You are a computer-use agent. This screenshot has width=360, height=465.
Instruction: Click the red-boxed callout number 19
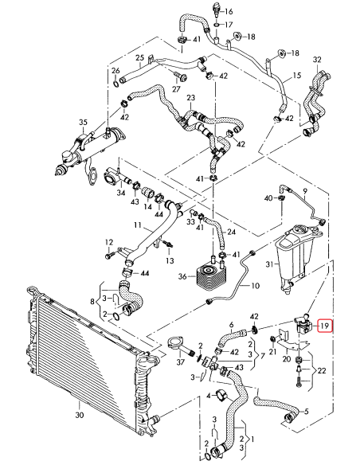[x=326, y=326]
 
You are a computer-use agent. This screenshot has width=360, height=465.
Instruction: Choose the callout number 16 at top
[x=229, y=12]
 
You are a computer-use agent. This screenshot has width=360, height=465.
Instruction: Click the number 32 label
[x=317, y=61]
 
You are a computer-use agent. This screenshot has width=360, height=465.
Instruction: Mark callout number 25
[x=140, y=57]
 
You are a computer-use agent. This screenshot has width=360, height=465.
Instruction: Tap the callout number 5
[x=328, y=412]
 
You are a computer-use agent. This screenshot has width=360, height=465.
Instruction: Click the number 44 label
[x=144, y=273]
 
